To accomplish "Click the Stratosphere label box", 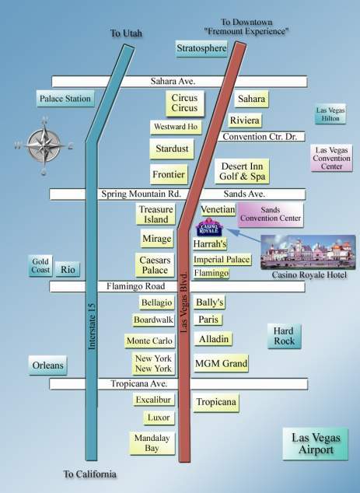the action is click(201, 48).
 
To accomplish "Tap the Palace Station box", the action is click(65, 99).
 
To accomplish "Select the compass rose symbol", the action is click(44, 145).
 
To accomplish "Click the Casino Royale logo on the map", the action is click(209, 227).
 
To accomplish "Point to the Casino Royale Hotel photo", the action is click(308, 252).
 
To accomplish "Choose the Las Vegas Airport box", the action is click(316, 444).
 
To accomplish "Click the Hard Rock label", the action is click(285, 336).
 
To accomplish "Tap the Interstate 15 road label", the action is click(92, 326).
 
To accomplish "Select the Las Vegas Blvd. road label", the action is click(184, 302).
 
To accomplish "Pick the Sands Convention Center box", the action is click(271, 215).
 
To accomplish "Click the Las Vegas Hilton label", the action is click(330, 114).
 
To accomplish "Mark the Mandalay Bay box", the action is click(152, 443).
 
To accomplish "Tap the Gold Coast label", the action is click(40, 266).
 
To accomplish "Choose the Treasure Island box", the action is click(156, 214).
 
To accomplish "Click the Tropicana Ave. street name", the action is click(138, 383).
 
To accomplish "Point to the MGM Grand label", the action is click(221, 363).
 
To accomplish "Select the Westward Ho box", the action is click(176, 127).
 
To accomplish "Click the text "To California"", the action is click(90, 474).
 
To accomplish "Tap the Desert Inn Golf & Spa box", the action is click(242, 171).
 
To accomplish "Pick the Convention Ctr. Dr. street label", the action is click(260, 137).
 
